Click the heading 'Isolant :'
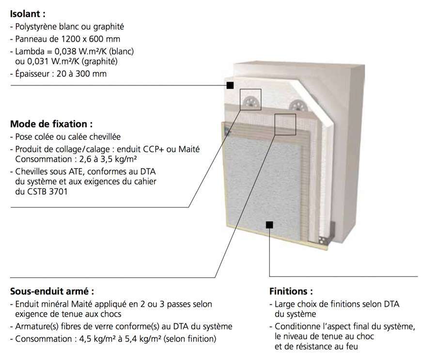click(28, 14)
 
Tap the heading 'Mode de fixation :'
click(51, 124)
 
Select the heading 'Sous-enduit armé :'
click(52, 291)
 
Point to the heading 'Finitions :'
click(291, 291)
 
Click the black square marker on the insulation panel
click(230, 85)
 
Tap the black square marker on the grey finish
click(269, 225)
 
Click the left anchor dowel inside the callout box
click(250, 102)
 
